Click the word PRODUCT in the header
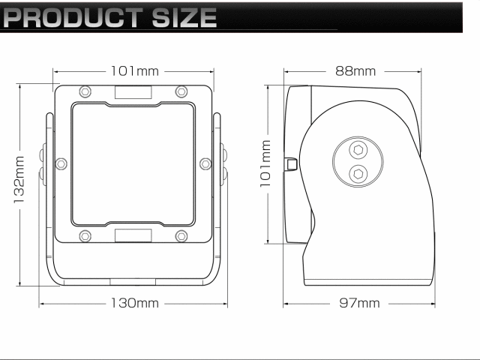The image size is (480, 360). (73, 17)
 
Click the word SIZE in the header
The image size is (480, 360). (184, 17)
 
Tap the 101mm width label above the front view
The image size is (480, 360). (135, 71)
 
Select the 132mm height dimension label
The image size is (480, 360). (19, 180)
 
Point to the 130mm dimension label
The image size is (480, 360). (135, 303)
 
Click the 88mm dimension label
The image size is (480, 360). (355, 71)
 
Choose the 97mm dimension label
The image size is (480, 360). (359, 303)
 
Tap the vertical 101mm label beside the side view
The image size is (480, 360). (265, 163)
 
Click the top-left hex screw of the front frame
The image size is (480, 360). (85, 91)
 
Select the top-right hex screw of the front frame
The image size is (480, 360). (181, 91)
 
